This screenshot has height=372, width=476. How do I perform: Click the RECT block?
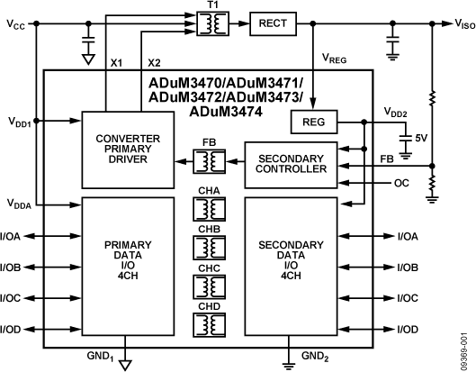click(273, 23)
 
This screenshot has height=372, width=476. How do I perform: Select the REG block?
click(314, 122)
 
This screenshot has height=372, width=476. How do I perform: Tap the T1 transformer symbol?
click(212, 23)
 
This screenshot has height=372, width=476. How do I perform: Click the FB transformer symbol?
click(209, 161)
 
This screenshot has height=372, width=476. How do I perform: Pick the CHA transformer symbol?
click(209, 209)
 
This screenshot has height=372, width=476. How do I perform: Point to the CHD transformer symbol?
click(209, 325)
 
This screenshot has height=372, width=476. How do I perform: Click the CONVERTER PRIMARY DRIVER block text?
click(128, 149)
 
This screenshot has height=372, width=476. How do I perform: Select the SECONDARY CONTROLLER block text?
click(292, 164)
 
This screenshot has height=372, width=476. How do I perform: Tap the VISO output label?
click(465, 24)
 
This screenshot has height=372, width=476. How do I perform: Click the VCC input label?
click(16, 24)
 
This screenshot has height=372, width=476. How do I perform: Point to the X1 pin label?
click(116, 63)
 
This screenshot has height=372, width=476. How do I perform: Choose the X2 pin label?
click(154, 63)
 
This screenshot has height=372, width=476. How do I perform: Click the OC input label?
click(401, 183)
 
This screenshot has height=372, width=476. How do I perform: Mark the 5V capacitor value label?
click(421, 139)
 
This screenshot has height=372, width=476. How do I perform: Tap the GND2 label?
click(315, 356)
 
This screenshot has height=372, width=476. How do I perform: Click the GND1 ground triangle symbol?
click(125, 365)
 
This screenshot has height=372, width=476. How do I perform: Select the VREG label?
click(334, 58)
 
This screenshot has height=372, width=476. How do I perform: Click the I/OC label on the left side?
click(10, 298)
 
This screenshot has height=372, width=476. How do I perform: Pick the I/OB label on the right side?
click(408, 268)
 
